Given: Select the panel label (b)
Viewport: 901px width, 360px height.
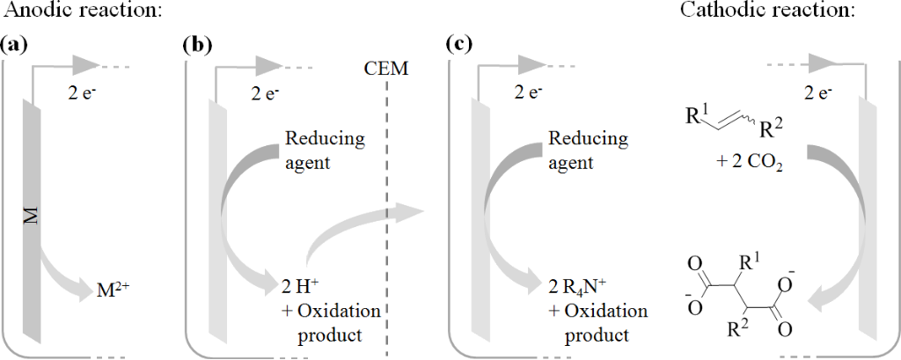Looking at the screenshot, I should tap(196, 45).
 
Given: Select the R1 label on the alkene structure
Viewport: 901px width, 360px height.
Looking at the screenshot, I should tap(694, 115).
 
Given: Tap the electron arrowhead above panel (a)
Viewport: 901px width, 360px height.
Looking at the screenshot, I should tap(86, 64).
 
